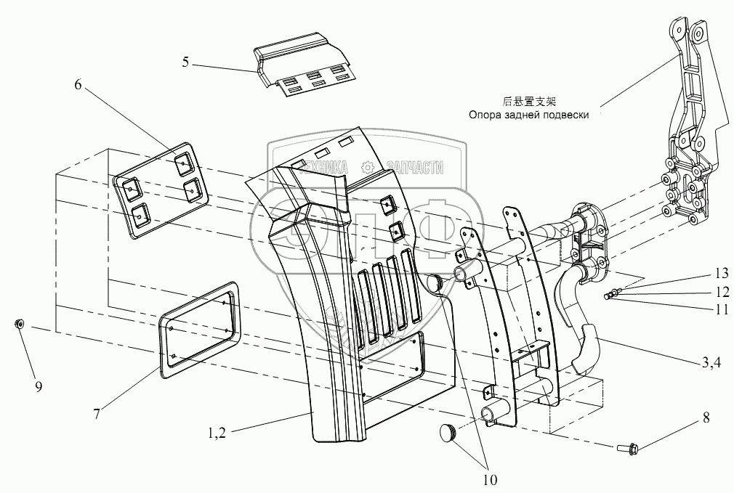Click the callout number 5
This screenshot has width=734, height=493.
pos(185,62)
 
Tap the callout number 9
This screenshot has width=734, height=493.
pos(39,386)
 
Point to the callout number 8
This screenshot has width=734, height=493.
pos(706,418)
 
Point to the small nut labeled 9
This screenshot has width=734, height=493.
pos(20,324)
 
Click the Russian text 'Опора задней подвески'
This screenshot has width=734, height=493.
pos(528,114)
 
